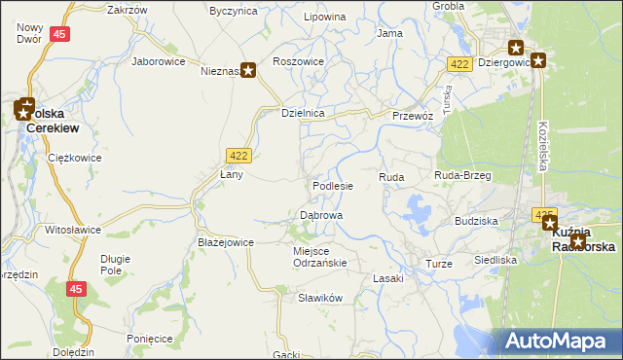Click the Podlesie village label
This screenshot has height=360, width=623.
click(332, 185)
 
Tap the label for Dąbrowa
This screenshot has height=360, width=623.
click(320, 215)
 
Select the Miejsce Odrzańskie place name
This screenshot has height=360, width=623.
click(320, 256)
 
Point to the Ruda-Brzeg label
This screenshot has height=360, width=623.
click(462, 175)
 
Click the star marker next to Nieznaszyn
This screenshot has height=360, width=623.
click(248, 70)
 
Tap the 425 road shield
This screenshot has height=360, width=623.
click(543, 213)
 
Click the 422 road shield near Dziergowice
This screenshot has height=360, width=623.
click(460, 63)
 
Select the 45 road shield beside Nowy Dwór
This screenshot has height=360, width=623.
click(60, 34)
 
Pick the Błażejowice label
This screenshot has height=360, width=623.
click(225, 242)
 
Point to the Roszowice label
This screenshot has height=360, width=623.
click(298, 60)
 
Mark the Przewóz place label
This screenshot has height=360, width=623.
click(412, 114)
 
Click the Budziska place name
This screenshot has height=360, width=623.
click(476, 221)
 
